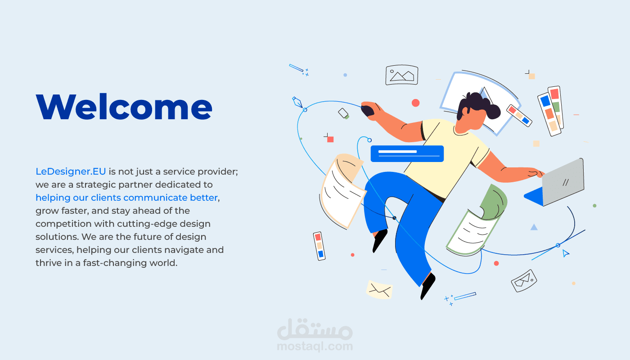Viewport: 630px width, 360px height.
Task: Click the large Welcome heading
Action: tap(124, 107)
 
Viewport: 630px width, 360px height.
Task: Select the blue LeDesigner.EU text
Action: tap(71, 171)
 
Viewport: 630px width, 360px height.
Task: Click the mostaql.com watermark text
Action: tap(315, 346)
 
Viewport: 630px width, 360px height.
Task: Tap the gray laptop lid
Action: tap(563, 181)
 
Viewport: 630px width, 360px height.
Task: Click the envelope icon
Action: tap(379, 289)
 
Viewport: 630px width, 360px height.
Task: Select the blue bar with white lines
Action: tap(407, 153)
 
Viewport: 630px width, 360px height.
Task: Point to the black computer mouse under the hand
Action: tap(368, 110)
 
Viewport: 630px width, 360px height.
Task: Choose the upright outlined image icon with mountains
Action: tap(401, 75)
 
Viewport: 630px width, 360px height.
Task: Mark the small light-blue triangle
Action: tap(534, 227)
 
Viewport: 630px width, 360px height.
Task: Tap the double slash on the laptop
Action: tap(566, 183)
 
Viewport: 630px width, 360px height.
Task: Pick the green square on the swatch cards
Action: tap(556, 107)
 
